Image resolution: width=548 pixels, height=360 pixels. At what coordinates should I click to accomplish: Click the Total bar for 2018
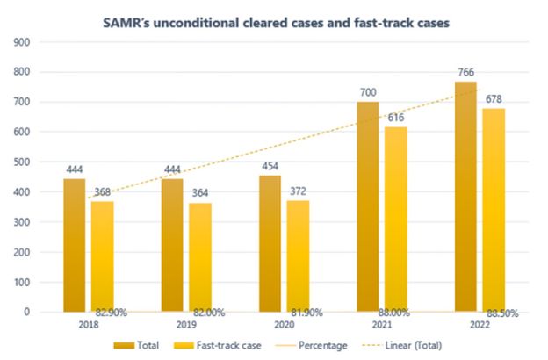pos(75,245)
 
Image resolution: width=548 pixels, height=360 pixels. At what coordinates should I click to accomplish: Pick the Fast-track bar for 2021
pos(396,220)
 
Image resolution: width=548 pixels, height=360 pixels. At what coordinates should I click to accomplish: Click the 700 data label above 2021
pos(369,91)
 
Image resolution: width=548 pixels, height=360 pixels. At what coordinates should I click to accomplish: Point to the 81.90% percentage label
pos(306,312)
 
